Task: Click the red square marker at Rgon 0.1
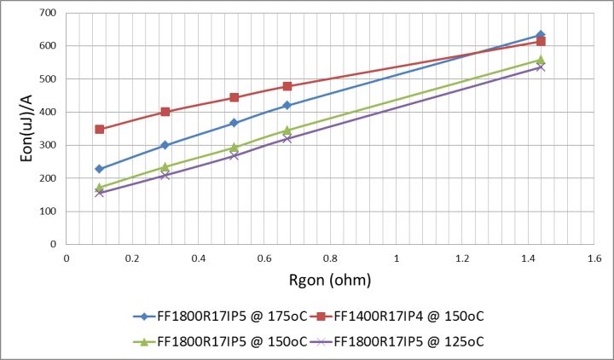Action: pyautogui.click(x=100, y=130)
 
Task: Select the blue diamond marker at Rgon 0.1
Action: pyautogui.click(x=100, y=169)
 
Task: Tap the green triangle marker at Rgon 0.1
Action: pyautogui.click(x=100, y=187)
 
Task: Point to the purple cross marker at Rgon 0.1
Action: pyautogui.click(x=100, y=193)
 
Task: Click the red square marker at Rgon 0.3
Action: pyautogui.click(x=165, y=112)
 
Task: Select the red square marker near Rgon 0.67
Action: pyautogui.click(x=287, y=86)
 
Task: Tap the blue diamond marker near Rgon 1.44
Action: pyautogui.click(x=541, y=35)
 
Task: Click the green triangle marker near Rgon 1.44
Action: pyautogui.click(x=541, y=60)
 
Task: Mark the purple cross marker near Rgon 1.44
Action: pyautogui.click(x=541, y=67)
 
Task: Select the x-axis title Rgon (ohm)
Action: pyautogui.click(x=329, y=279)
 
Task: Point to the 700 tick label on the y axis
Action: pyautogui.click(x=48, y=14)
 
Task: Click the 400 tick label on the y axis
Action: pyautogui.click(x=48, y=113)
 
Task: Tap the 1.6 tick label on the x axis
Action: pyautogui.click(x=594, y=257)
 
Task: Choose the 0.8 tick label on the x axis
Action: pyautogui.click(x=330, y=257)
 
